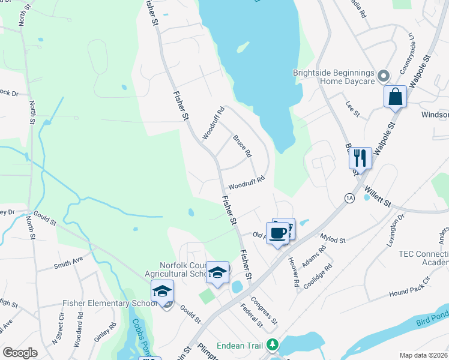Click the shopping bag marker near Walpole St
click(x=395, y=97)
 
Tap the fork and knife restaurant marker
click(x=360, y=158)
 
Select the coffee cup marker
click(x=278, y=233)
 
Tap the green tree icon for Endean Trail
click(x=273, y=344)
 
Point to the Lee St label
click(x=352, y=109)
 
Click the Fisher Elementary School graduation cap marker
click(x=162, y=291)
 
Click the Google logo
click(x=20, y=353)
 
